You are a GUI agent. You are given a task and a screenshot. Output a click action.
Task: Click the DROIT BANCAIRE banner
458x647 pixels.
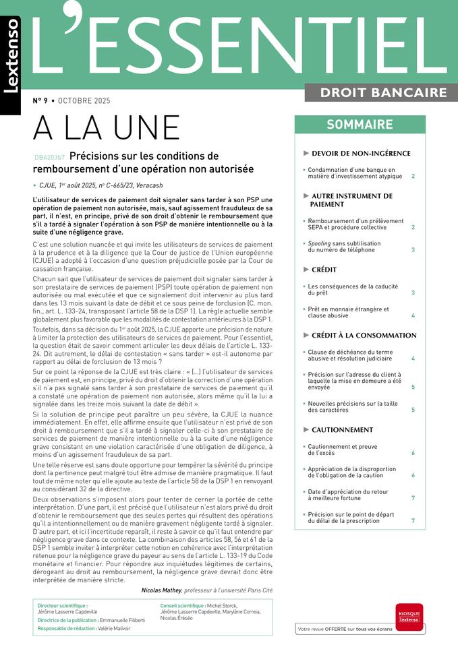[x=383, y=92]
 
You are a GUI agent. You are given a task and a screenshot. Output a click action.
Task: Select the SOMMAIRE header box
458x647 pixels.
[x=360, y=125]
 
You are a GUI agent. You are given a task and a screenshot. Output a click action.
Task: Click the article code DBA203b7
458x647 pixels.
[x=49, y=157]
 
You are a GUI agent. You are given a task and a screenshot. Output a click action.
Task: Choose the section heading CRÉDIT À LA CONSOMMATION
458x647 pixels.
[x=364, y=335]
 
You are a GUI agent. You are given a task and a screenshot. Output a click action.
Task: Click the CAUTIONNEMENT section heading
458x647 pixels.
[x=342, y=429]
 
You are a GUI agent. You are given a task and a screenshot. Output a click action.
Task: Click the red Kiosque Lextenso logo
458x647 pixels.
[x=409, y=617]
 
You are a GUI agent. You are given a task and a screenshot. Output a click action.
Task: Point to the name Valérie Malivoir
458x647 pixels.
[x=113, y=628]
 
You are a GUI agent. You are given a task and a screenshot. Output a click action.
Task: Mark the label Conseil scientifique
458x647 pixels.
[x=182, y=606]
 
